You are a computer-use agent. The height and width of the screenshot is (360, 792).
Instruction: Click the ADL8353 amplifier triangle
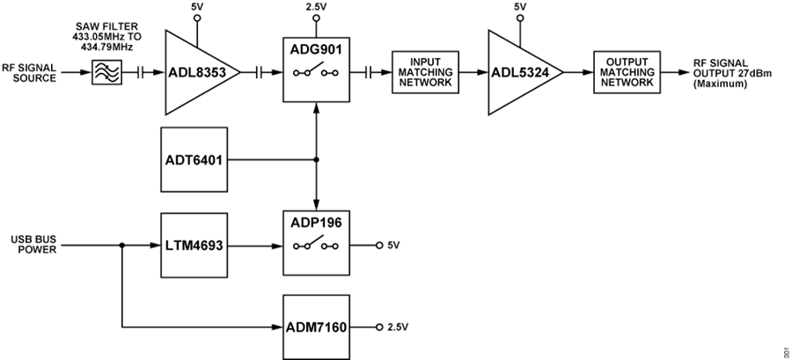[195, 73]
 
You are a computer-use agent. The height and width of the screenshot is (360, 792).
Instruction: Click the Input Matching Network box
[425, 73]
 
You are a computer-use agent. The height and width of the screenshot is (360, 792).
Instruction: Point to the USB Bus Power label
[34, 244]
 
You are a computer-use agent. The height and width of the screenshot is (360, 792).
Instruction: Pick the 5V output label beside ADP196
[393, 245]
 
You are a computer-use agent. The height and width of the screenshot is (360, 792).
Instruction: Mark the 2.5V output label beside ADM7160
[398, 327]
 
